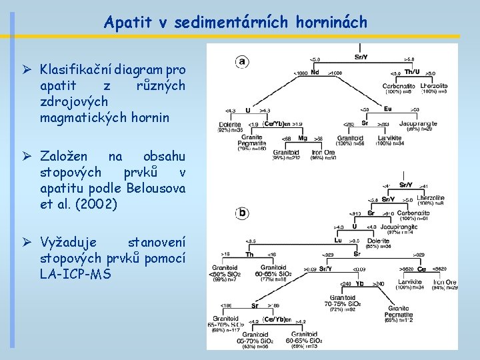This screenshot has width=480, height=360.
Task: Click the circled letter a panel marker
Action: (241, 61)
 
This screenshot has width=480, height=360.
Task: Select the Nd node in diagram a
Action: (315, 72)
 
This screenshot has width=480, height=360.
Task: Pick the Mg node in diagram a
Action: (303, 138)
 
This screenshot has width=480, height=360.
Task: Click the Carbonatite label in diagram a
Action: (398, 85)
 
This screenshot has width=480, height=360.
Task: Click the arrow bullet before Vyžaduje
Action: (27, 242)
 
